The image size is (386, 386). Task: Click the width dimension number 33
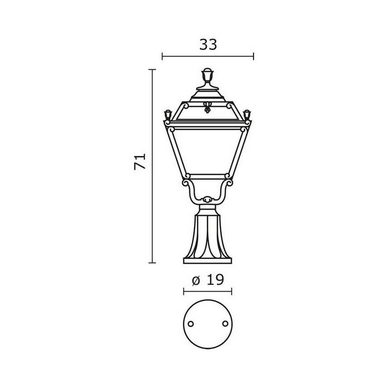tap(208, 45)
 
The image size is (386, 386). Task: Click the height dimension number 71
tap(140, 162)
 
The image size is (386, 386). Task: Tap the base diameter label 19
tap(215, 280)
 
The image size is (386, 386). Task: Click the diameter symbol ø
tap(196, 281)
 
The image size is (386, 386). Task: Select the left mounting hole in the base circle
tap(190, 324)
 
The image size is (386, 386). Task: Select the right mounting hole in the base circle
tap(225, 323)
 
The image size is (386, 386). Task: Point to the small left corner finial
tap(168, 115)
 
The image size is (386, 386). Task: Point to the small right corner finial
tap(247, 115)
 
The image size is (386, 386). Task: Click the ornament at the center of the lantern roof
tap(207, 107)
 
